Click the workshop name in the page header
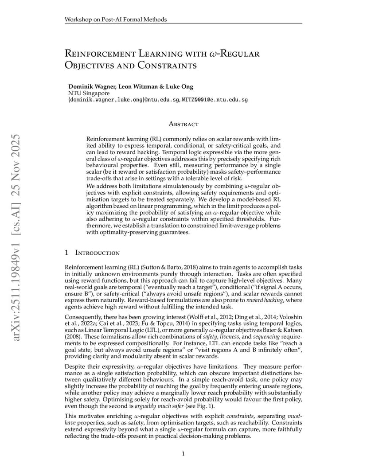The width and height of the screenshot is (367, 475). [x=116, y=19]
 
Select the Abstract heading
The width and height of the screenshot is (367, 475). [x=183, y=125]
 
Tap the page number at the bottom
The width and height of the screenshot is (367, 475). [x=183, y=454]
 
